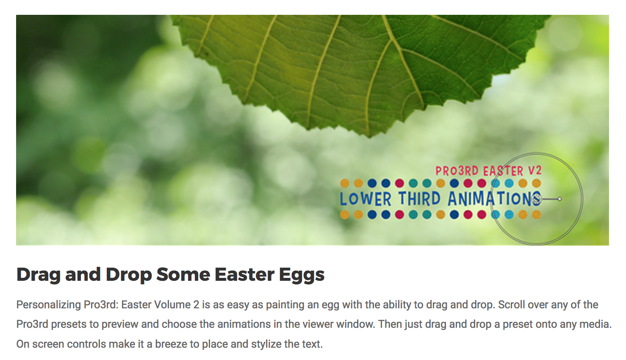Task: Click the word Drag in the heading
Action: point(39,275)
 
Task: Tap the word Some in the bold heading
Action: point(183,274)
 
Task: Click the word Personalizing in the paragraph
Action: point(49,305)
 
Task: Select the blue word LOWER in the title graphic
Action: point(366,199)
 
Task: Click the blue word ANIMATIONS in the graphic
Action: point(494,199)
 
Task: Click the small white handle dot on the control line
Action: point(560,199)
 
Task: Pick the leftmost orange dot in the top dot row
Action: point(345,183)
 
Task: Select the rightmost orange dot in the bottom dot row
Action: point(537,215)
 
